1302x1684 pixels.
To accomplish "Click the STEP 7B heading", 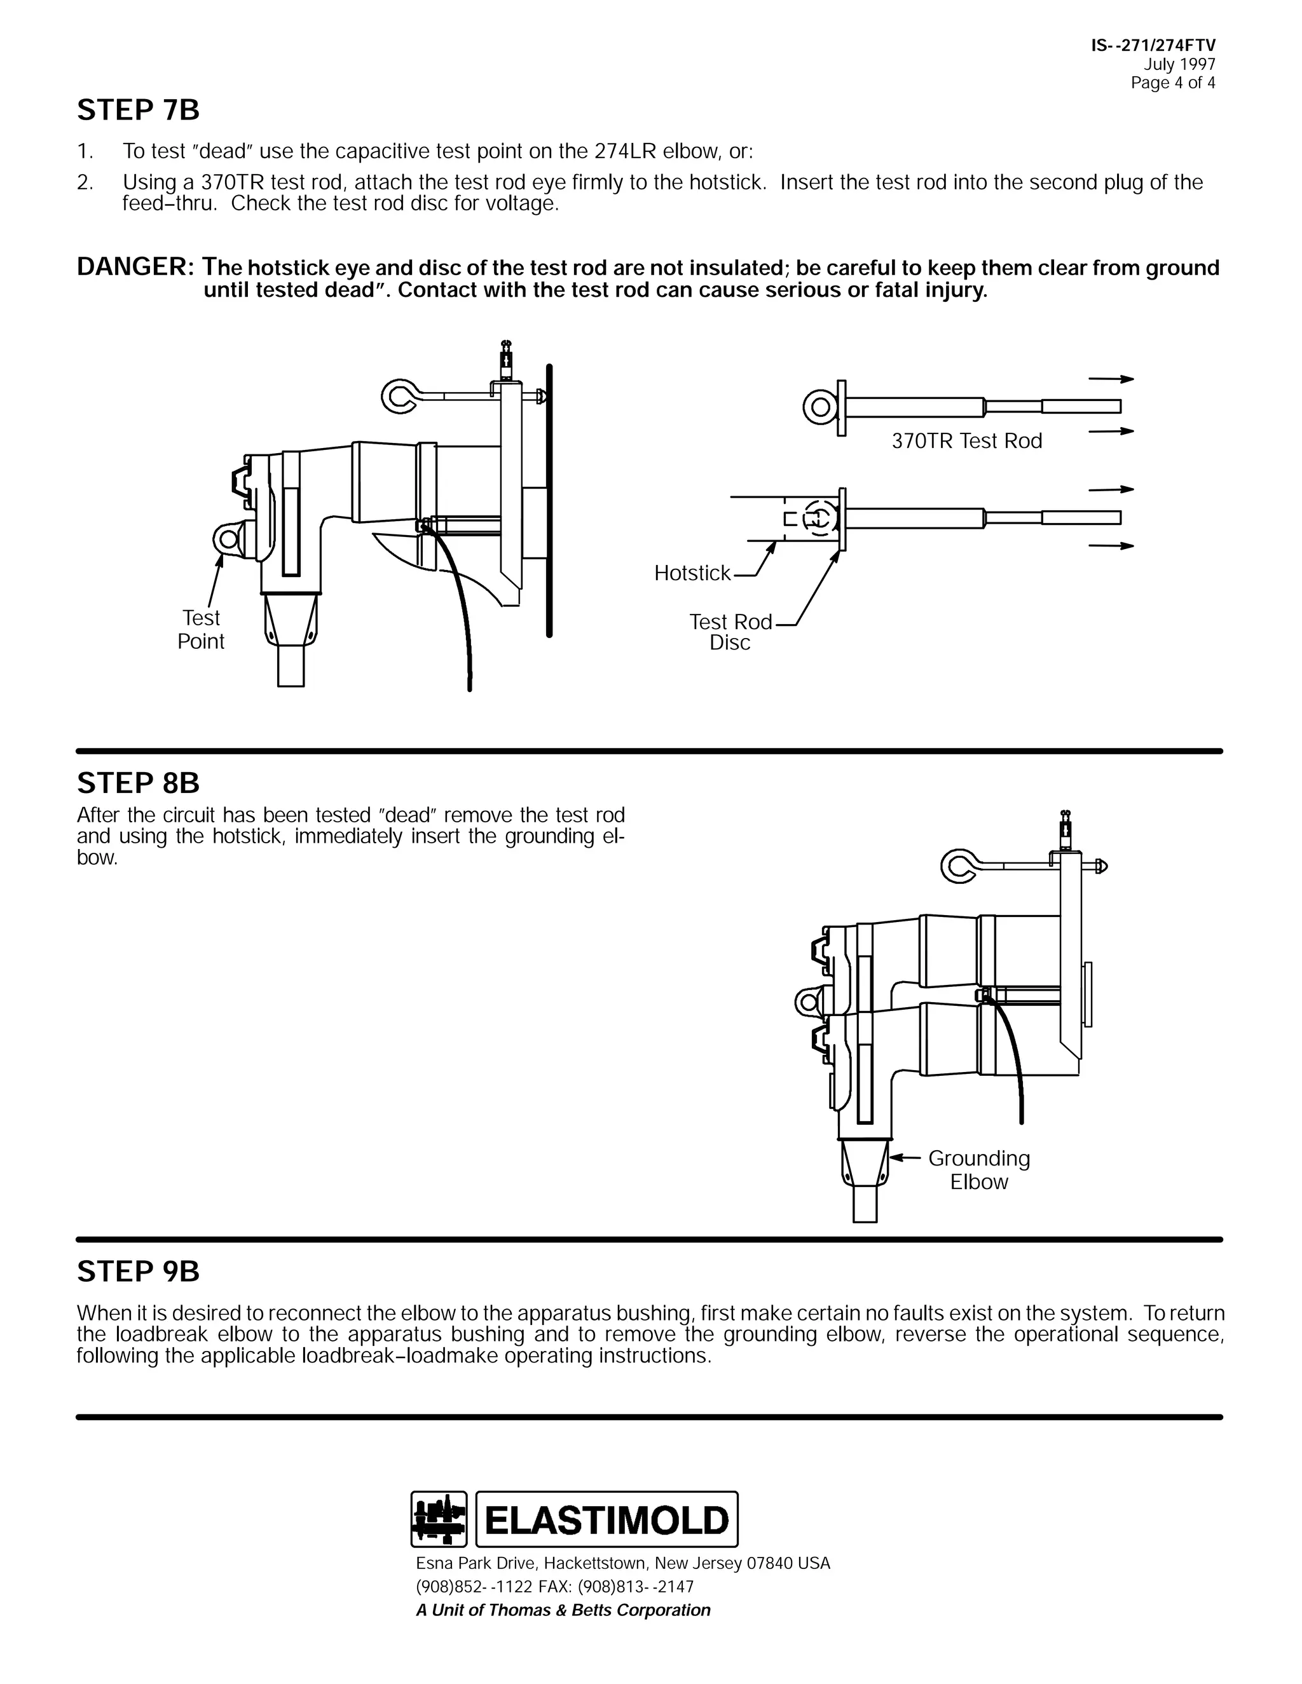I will click(x=138, y=111).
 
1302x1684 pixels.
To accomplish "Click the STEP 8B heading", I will click(x=138, y=784).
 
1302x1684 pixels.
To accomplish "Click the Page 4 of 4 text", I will click(x=1172, y=83).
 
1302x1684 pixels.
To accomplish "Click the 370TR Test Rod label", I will click(x=966, y=441).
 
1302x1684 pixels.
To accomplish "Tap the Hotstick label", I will click(x=692, y=573).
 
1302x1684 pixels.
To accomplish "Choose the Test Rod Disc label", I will click(x=730, y=632).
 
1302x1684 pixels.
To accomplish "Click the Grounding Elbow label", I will click(x=978, y=1170).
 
